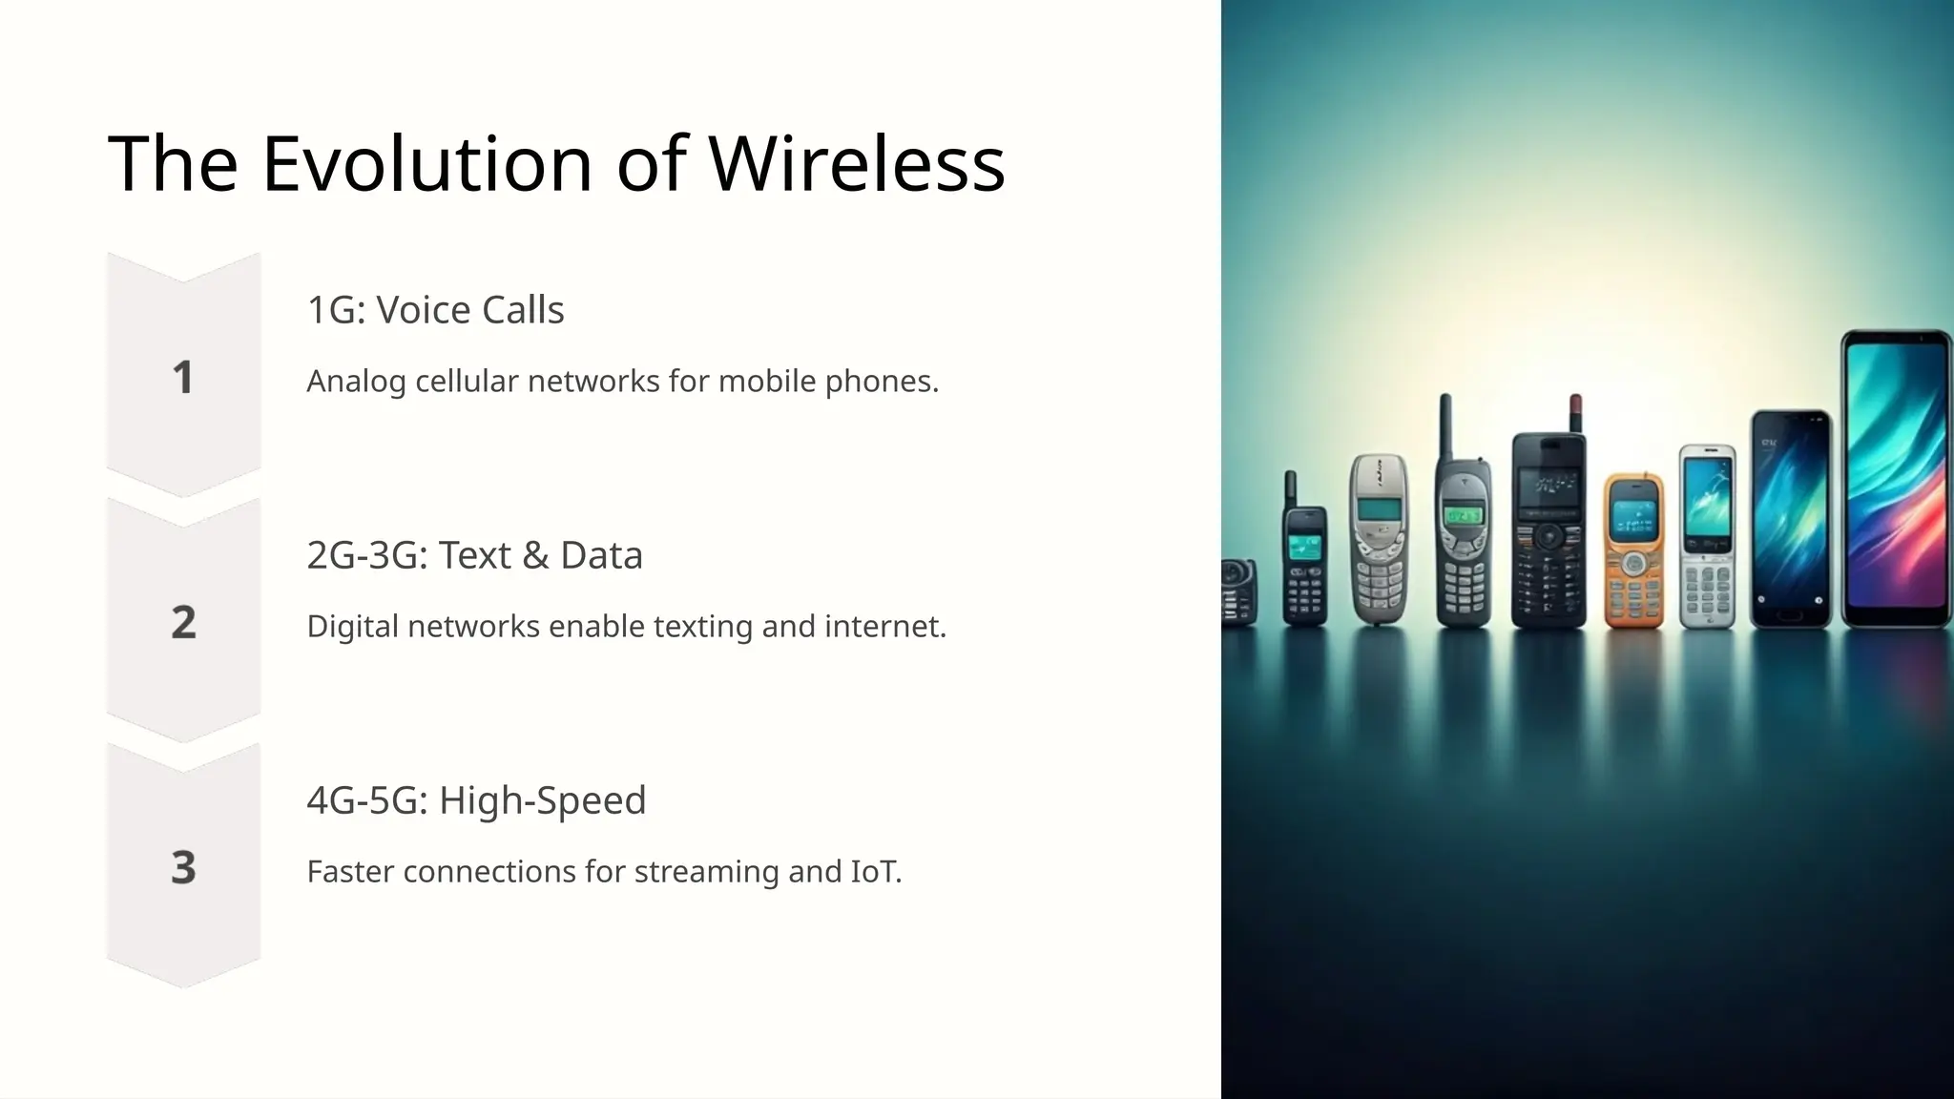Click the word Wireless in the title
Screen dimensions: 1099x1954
point(856,163)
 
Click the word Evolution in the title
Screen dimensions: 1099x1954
point(427,163)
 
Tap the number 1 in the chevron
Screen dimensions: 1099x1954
point(183,377)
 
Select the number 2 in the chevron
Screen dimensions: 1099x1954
point(183,622)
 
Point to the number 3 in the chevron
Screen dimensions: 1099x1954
point(183,867)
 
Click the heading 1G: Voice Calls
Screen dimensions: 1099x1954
point(435,310)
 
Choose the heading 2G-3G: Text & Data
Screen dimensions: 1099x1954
point(474,555)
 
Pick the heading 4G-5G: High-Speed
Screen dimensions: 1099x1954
point(476,800)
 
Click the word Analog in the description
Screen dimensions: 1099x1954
point(357,382)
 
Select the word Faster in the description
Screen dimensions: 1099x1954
point(351,872)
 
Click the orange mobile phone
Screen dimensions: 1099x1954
point(1633,550)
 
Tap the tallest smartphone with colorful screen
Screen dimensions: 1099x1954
point(1896,479)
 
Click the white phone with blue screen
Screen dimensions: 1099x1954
point(1707,537)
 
